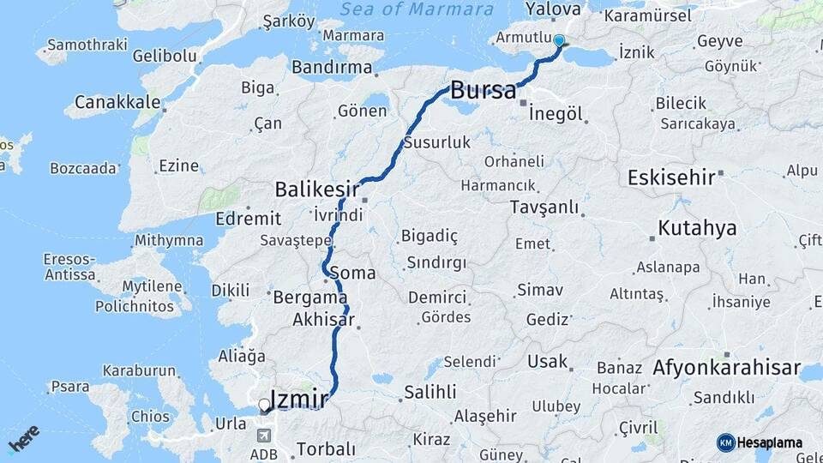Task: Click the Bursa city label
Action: point(484,89)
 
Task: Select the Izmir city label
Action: point(298,399)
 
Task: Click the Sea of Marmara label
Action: point(417,9)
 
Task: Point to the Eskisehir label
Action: point(671,177)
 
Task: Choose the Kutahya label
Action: point(697,228)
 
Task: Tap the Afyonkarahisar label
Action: point(720,369)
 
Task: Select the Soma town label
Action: point(352,273)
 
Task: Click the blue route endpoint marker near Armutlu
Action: point(559,40)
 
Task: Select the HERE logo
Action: point(23,439)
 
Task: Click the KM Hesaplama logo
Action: point(760,442)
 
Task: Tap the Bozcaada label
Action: point(83,168)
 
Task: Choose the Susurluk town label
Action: point(436,142)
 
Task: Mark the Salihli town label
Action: point(430,392)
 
